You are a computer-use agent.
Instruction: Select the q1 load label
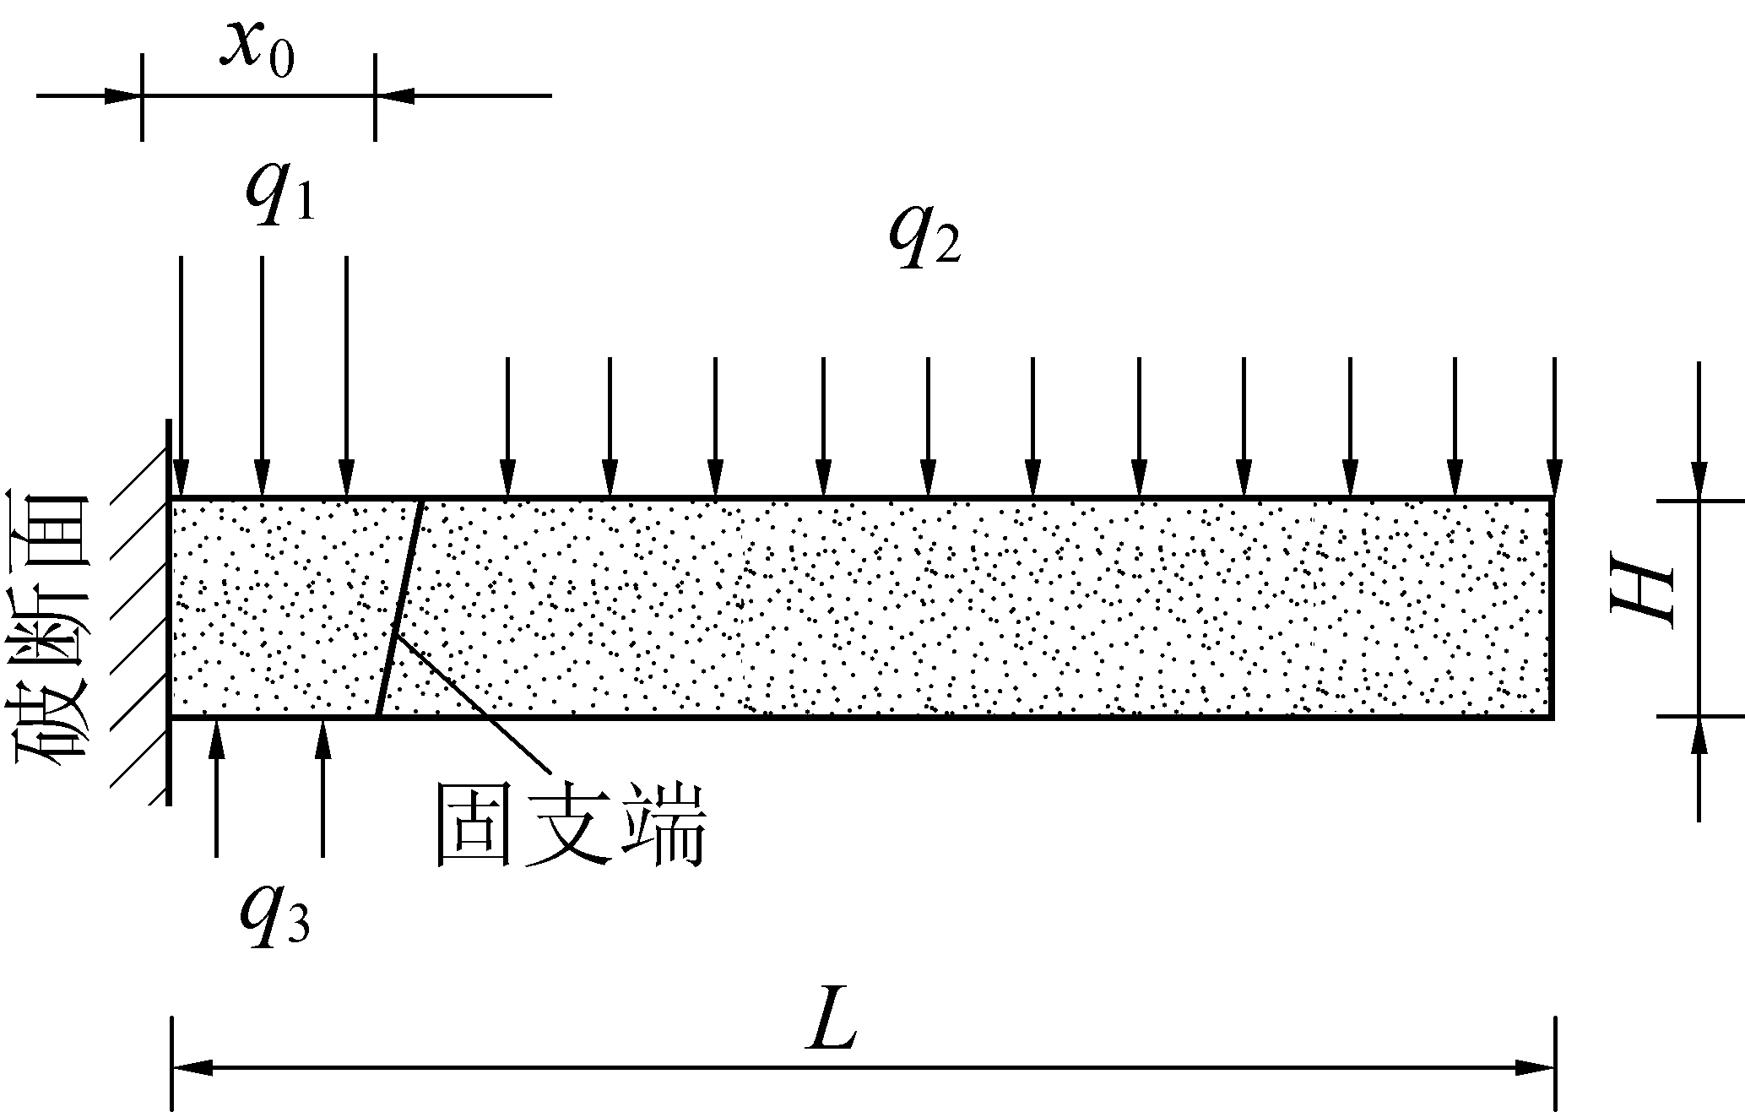coord(279,193)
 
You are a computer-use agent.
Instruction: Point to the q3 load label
coord(274,915)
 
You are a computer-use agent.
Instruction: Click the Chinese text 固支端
coord(568,824)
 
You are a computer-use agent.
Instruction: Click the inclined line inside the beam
coord(399,608)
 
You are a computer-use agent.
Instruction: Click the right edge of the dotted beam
coord(1553,608)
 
